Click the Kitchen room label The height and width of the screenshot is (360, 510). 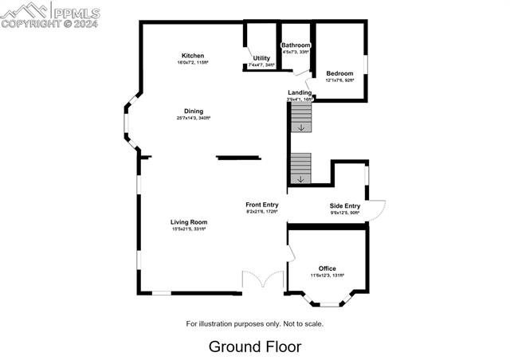coord(193,56)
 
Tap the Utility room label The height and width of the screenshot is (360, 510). coord(261,58)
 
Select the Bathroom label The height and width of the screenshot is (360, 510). coord(296,45)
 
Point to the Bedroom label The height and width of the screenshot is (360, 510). coord(339,73)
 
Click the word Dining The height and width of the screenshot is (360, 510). coord(193,111)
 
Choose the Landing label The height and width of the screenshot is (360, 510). coord(300,92)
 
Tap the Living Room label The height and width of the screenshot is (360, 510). coord(188,222)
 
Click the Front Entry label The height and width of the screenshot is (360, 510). coord(261,205)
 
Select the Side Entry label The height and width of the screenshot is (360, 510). coord(345,205)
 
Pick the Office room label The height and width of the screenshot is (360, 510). coord(327,268)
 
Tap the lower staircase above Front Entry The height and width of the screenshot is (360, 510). coord(300,168)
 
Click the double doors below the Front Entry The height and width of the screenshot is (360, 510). coord(263,281)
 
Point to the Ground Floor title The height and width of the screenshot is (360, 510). coord(255,346)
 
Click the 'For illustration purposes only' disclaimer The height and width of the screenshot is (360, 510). coord(255,323)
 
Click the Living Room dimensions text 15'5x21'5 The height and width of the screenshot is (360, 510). coord(188,229)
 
